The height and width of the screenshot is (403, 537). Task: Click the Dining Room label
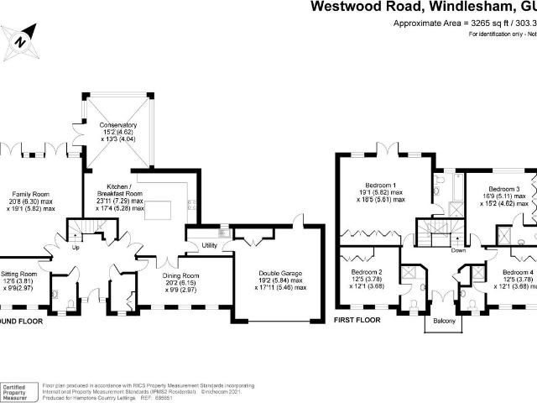(x=180, y=275)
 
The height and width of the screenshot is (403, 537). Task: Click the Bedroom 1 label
(x=382, y=185)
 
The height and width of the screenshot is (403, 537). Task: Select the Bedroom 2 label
(x=367, y=273)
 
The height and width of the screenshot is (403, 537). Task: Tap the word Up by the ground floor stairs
(x=76, y=249)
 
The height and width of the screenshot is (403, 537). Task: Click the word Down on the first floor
(x=458, y=250)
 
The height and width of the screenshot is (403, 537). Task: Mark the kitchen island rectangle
(x=158, y=209)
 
